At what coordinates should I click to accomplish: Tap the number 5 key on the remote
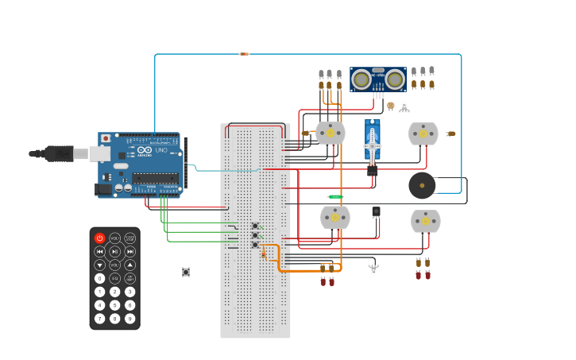(114, 305)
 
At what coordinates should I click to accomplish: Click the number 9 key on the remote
(130, 319)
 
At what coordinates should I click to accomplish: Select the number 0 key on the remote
(99, 278)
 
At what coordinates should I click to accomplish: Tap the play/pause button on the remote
(114, 251)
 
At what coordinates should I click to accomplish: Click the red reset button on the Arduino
(106, 138)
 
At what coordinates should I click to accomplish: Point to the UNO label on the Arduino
(160, 149)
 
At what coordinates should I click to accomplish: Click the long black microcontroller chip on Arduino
(154, 178)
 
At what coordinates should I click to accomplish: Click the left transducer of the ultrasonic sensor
(361, 79)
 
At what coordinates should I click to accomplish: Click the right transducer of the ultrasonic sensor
(394, 79)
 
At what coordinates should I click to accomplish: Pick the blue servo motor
(373, 145)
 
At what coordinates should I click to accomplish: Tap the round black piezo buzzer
(422, 185)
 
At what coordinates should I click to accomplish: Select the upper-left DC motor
(331, 133)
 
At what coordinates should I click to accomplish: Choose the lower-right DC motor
(426, 220)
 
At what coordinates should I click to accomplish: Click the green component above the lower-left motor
(336, 196)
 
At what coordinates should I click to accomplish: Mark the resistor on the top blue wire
(244, 54)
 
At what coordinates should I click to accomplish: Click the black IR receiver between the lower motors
(376, 211)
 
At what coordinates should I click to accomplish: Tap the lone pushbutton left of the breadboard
(186, 272)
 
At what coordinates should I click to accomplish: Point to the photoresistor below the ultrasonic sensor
(390, 106)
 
